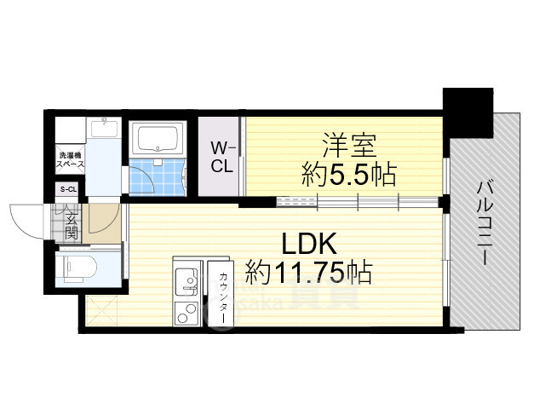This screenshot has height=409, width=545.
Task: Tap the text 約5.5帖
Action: tap(349, 176)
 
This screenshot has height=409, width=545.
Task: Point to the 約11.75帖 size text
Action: tap(308, 273)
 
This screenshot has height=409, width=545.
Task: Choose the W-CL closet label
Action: tap(222, 157)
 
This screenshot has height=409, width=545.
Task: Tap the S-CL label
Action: tap(67, 190)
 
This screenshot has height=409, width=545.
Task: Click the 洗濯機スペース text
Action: tap(70, 158)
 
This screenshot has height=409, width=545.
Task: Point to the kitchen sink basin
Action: tap(185, 278)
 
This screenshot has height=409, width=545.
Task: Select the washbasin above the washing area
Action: tap(106, 130)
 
